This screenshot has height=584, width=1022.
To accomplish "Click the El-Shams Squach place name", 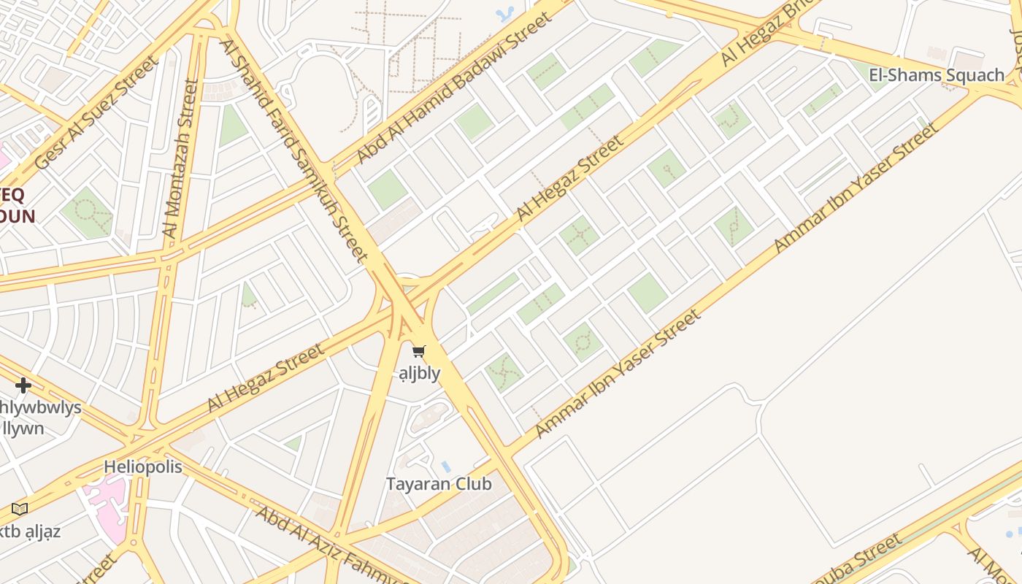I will click(x=937, y=74).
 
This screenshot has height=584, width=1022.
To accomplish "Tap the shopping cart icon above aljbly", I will click(x=418, y=352).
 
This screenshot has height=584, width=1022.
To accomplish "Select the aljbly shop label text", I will click(x=419, y=373).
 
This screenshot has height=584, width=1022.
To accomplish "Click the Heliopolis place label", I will click(x=142, y=466).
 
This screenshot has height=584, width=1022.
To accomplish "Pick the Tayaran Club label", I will click(x=438, y=484).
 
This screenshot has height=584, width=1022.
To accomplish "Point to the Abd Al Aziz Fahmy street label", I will click(x=332, y=544).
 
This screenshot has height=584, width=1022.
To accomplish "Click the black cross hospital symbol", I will click(x=23, y=385).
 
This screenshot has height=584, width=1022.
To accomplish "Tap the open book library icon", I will click(x=20, y=509).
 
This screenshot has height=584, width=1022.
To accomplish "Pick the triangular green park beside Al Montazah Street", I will click(x=232, y=126).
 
